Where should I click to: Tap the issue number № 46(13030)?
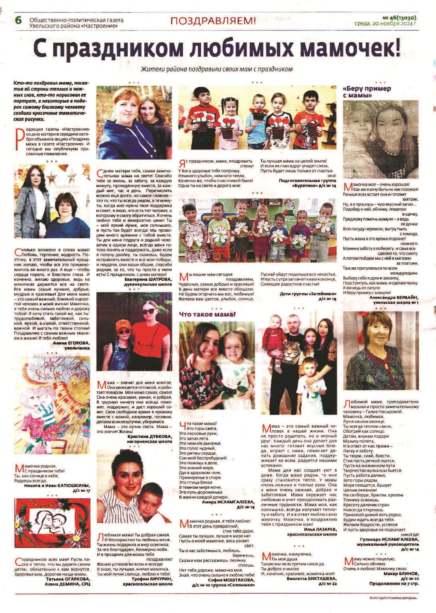400,18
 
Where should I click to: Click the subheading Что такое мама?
207,314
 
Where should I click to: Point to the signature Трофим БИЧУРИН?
148,579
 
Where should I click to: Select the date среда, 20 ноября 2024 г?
385,24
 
